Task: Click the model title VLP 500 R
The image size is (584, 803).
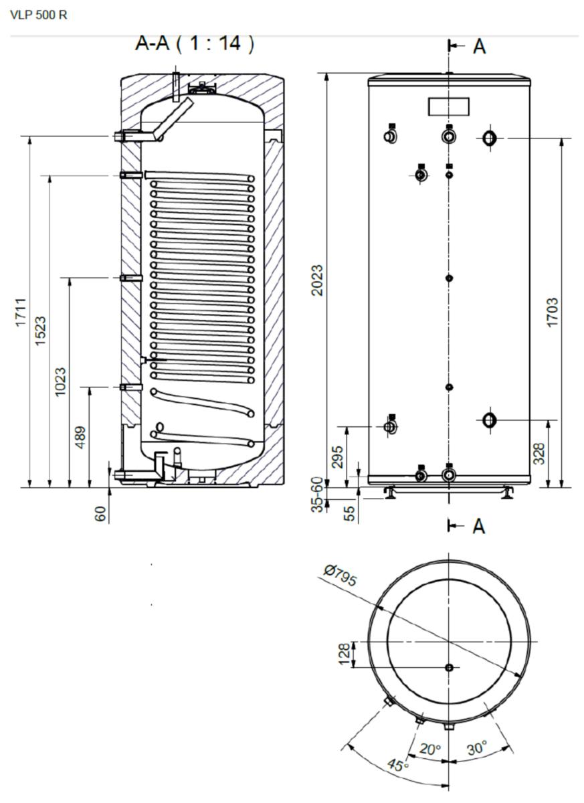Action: coord(39,15)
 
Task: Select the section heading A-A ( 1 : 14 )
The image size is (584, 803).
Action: coord(195,43)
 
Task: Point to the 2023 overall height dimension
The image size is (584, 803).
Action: coord(317,280)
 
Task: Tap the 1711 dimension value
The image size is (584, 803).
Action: coord(21,312)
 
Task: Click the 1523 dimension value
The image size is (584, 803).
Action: coord(41,331)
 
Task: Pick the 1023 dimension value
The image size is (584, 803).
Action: coord(60,381)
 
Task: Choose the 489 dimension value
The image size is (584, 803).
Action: coord(80,438)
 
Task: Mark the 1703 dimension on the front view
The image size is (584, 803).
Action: coord(552,312)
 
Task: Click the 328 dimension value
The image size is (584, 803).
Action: coord(539,454)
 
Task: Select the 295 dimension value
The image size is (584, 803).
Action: coord(338,456)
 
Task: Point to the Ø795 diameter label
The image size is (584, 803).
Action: coord(340,575)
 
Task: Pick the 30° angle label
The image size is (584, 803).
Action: coord(477,747)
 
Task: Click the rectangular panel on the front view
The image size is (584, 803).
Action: coord(449,106)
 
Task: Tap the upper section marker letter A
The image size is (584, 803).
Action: coord(480,47)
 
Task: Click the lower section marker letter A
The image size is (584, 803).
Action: coord(480,526)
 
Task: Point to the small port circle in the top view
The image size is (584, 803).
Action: coord(449,667)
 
